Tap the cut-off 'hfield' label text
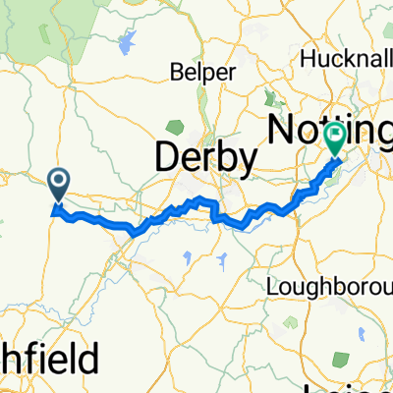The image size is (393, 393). pos(49,359)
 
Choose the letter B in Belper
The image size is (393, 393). pos(174,73)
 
